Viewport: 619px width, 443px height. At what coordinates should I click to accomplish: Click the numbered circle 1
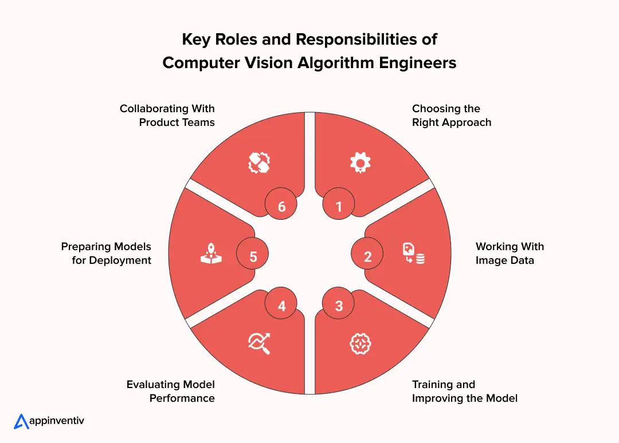(x=339, y=206)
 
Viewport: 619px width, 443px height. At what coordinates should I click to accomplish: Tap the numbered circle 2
(x=367, y=256)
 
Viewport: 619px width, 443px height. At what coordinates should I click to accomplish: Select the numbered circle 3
(x=339, y=306)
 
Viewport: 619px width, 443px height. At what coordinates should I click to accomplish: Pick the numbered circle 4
(x=281, y=306)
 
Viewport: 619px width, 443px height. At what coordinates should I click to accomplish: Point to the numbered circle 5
(x=253, y=256)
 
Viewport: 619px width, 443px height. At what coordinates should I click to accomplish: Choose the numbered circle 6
(x=281, y=206)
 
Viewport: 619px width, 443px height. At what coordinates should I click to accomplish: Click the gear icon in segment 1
(x=361, y=163)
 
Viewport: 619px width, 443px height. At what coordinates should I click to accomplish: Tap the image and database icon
(x=413, y=254)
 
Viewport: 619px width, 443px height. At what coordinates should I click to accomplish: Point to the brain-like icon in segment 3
(x=361, y=343)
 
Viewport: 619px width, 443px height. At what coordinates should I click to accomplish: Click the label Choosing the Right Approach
(x=451, y=115)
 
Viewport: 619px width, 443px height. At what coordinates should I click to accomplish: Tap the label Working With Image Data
(x=510, y=254)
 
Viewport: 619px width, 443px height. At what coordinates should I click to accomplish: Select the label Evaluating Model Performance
(x=171, y=391)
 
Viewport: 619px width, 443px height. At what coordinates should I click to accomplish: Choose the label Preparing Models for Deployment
(x=107, y=254)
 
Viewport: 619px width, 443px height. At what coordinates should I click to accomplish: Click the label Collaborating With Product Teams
(x=167, y=115)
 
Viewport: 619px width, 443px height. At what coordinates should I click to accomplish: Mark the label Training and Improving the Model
(x=464, y=391)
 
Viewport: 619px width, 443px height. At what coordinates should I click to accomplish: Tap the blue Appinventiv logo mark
(x=21, y=421)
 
